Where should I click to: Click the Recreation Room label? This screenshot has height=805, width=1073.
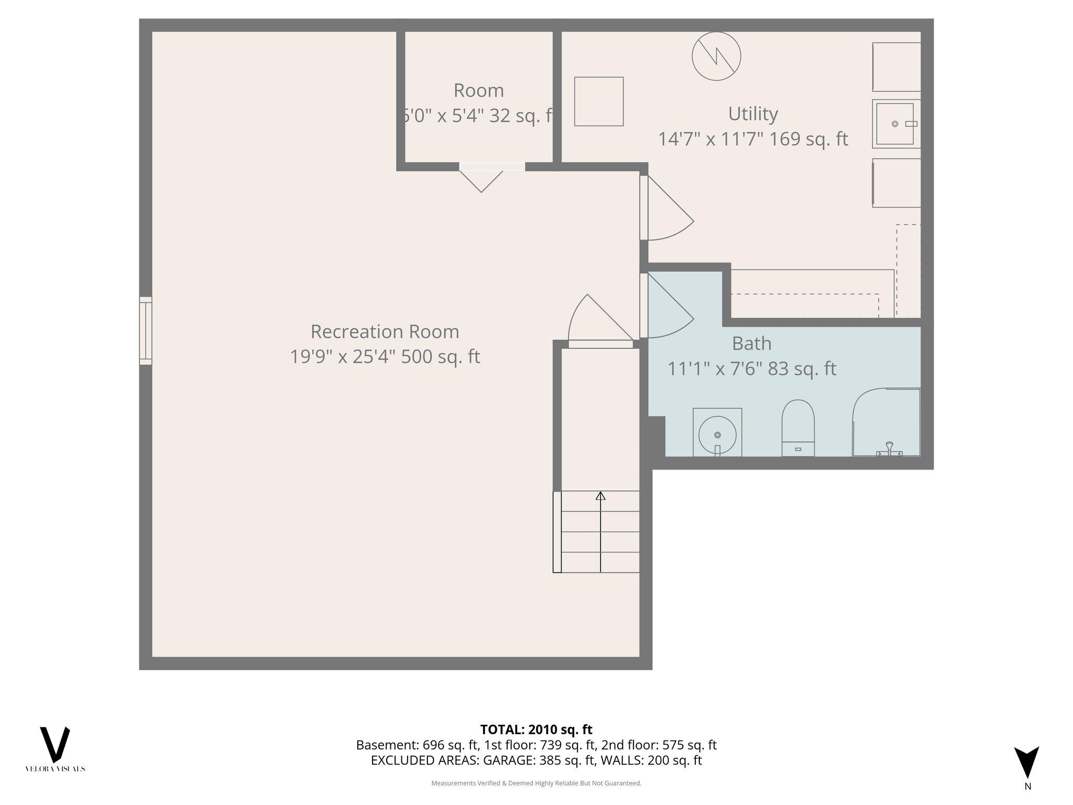point(385,332)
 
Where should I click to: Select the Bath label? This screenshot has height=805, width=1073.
point(751,344)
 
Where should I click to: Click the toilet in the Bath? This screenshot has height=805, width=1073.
point(798,427)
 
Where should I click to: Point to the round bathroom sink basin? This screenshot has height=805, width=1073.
point(717,434)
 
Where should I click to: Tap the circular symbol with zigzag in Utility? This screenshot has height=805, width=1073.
point(716,56)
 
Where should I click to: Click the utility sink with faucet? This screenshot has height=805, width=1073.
point(896,124)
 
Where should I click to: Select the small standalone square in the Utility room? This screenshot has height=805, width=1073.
point(599,102)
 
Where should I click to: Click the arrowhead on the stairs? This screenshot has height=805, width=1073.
point(600,496)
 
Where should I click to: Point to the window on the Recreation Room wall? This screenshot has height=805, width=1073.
point(146,331)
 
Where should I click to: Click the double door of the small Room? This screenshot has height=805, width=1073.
point(481,178)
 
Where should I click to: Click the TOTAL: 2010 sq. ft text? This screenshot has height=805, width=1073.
point(536,730)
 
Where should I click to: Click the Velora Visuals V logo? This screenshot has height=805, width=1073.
point(55,745)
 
